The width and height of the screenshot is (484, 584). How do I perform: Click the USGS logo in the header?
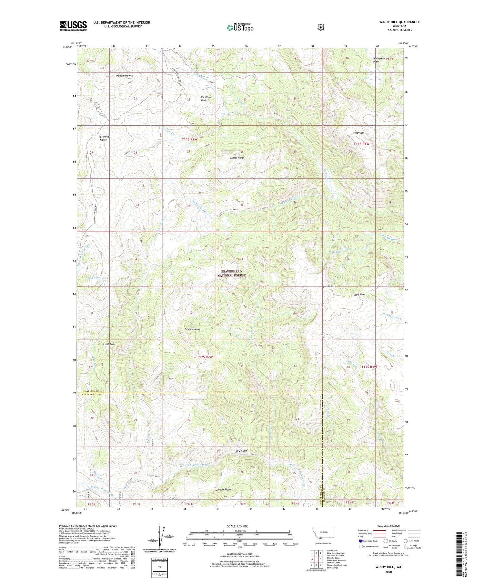coord(73,26)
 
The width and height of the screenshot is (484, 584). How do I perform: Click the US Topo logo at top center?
coord(240,27)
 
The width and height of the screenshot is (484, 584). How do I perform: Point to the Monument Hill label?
coord(125,76)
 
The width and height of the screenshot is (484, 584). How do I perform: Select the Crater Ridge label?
coord(237,158)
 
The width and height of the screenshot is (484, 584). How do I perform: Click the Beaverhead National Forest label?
coord(231,273)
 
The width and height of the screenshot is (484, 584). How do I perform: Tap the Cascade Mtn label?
coord(192,329)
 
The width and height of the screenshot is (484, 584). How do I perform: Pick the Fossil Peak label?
coord(109,344)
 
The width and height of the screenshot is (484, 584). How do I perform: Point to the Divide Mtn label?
coord(329,286)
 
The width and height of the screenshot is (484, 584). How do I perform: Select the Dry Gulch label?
coord(242,451)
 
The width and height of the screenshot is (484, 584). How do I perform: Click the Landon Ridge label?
coord(223,490)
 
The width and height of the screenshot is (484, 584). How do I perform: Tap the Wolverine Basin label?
coord(379,60)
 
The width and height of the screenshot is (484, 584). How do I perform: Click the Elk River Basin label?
coord(206,99)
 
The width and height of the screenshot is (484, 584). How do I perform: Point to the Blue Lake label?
coord(336,252)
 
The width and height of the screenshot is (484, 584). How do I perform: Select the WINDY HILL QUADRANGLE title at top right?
coord(399,22)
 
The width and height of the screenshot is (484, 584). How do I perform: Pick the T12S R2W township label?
coord(205,357)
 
